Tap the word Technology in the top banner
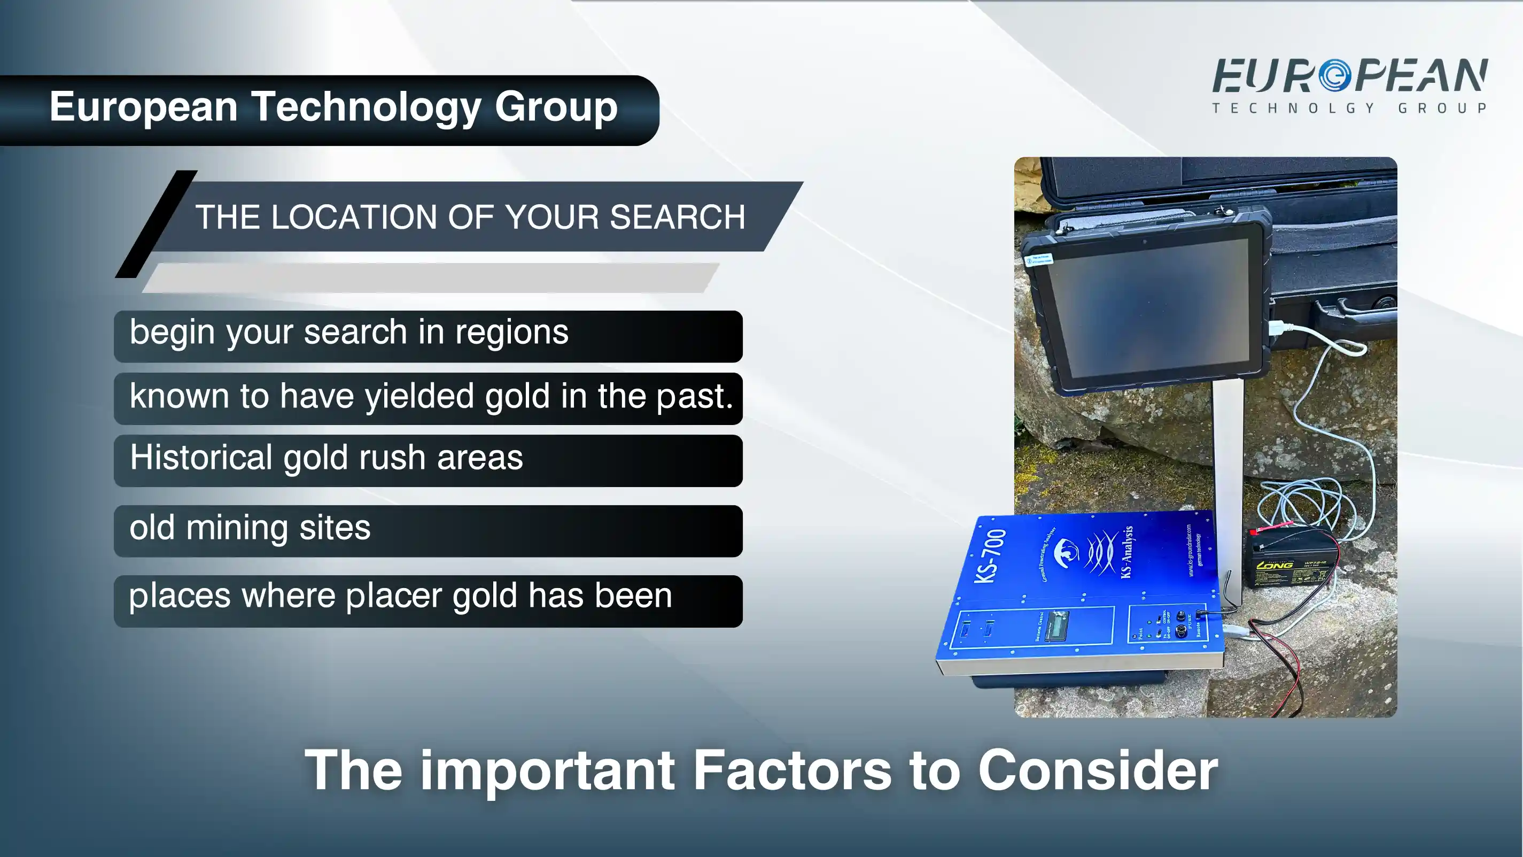coord(367,107)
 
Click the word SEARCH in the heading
coord(677,217)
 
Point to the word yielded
coord(419,396)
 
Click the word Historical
coord(201,458)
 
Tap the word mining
coord(237,528)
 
